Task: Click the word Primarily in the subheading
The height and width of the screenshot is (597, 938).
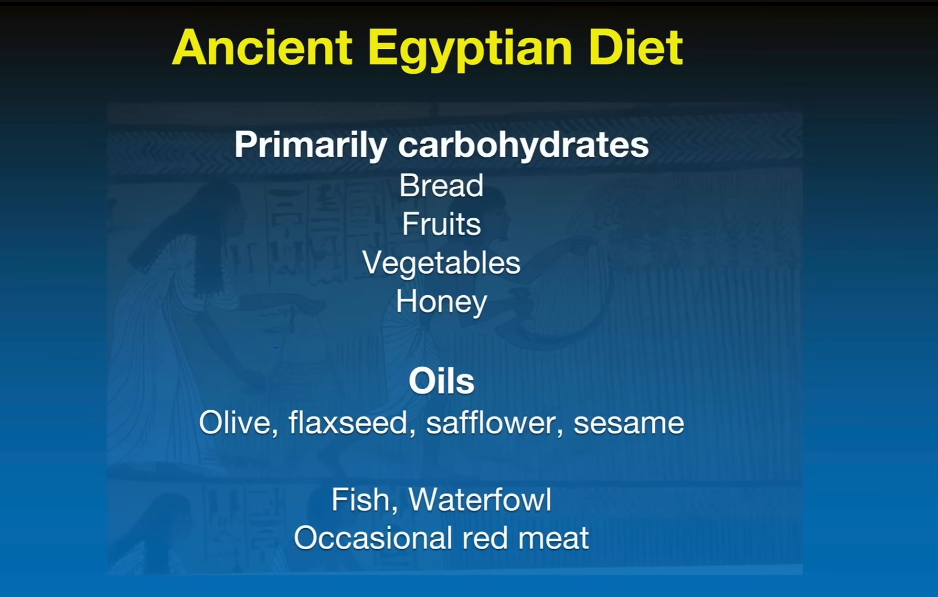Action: click(311, 145)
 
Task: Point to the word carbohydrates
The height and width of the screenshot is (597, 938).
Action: click(523, 145)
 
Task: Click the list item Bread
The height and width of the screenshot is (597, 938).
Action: click(441, 186)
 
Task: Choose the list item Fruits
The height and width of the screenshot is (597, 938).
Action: click(441, 224)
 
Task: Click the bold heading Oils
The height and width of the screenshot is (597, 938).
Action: click(441, 381)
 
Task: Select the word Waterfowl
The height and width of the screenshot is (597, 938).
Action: click(480, 500)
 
